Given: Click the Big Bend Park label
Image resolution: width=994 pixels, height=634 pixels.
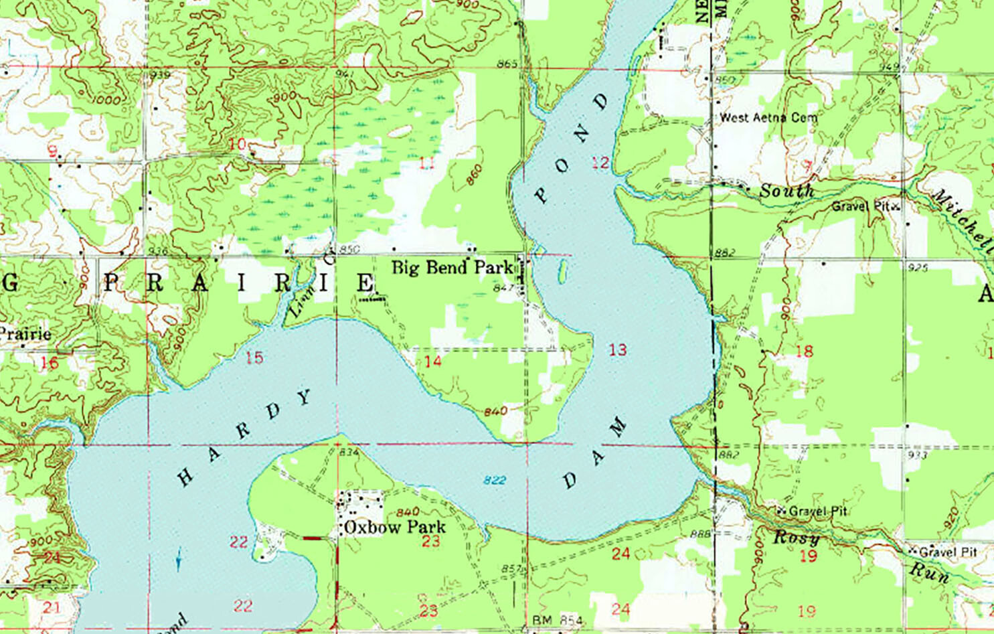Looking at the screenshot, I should point(452,268).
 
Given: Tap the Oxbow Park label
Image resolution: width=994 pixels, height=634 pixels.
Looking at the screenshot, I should point(394,528).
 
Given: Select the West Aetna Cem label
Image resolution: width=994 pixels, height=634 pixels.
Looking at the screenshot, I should point(768,118).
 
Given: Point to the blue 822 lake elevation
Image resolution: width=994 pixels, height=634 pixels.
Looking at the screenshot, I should point(495,480).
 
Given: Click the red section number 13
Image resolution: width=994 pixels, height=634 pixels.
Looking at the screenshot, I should point(617,349).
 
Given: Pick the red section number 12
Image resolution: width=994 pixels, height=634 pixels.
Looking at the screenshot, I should point(600,162).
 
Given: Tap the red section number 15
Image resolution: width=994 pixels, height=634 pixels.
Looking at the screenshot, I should point(254,358).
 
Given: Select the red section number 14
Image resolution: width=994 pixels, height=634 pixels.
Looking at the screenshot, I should point(433,362).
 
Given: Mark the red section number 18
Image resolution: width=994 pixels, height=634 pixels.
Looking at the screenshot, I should point(804,351).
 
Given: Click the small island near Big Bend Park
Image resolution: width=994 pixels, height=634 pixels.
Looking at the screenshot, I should point(562,271).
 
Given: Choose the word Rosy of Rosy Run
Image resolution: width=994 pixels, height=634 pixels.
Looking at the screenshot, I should point(796,538).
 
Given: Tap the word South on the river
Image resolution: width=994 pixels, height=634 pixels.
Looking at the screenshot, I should point(786,191).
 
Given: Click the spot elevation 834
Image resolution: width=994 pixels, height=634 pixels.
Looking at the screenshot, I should point(349,453).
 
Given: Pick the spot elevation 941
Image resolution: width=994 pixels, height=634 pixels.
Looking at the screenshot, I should point(344,74).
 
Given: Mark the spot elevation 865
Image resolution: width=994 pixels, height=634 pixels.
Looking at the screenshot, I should point(507,64).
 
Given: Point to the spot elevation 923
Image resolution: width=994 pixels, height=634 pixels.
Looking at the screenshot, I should point(918,455).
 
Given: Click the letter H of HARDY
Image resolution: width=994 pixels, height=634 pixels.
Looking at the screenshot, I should point(185,477).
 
